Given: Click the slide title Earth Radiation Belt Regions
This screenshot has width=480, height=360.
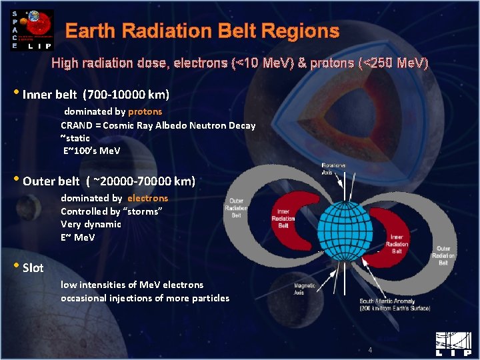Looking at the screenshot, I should coord(202,31).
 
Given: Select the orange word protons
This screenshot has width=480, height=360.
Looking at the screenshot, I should coord(145,111).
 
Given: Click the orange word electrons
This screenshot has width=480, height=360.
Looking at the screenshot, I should coord(147,198).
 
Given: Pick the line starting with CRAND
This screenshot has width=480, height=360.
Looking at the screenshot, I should coord(158,125).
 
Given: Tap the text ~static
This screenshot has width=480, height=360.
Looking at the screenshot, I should coord(75,138).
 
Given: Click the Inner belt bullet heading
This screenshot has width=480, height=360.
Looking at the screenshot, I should coord(96,94).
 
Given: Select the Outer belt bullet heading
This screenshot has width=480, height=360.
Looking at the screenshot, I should coord(109,181).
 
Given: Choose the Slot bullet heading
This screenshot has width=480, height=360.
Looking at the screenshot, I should coord(33,268).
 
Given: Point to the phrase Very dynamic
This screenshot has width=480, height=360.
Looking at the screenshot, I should coord(91,224).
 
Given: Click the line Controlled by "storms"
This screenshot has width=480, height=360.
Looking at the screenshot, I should coord(111,211).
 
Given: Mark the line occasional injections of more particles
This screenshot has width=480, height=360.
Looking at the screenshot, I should coord(145,298).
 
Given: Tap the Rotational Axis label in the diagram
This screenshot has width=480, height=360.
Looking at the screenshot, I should coord(333,168).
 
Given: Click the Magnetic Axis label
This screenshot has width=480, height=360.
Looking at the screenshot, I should coord(305,289).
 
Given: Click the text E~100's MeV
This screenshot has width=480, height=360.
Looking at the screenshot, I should coord(91,151).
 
